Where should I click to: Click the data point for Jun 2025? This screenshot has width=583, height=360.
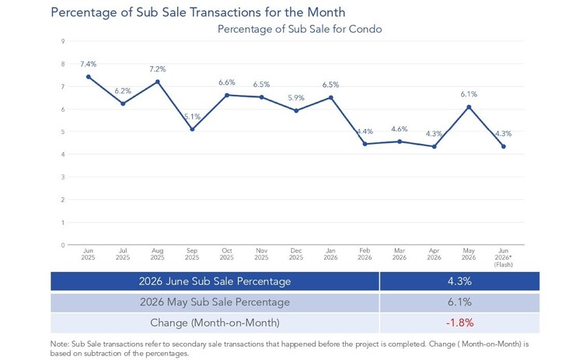click(89, 77)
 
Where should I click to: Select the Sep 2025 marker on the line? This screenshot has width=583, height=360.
click(192, 129)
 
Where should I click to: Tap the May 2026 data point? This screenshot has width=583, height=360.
click(469, 107)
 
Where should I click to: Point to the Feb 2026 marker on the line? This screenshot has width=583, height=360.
click(365, 144)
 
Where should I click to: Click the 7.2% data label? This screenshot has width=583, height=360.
click(158, 69)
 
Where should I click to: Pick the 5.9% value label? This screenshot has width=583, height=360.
click(296, 98)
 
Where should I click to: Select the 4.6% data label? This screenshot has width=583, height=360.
click(400, 129)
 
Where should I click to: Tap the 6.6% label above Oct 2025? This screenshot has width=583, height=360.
click(227, 82)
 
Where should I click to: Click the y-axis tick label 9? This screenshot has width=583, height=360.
click(63, 41)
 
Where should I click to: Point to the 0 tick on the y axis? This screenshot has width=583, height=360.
click(63, 245)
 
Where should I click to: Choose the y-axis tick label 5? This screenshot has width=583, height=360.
click(63, 131)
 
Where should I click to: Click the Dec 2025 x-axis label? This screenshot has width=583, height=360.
click(296, 254)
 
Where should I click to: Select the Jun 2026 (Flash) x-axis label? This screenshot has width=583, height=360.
click(504, 257)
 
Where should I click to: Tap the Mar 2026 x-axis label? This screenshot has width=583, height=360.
click(400, 254)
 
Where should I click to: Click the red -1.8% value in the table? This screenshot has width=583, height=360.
click(460, 323)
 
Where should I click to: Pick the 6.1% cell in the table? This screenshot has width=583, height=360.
click(460, 302)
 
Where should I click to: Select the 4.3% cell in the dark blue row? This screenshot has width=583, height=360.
click(460, 281)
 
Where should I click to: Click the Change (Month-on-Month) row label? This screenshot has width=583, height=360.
click(215, 323)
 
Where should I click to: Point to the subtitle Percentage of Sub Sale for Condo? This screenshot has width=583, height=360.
click(300, 29)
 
